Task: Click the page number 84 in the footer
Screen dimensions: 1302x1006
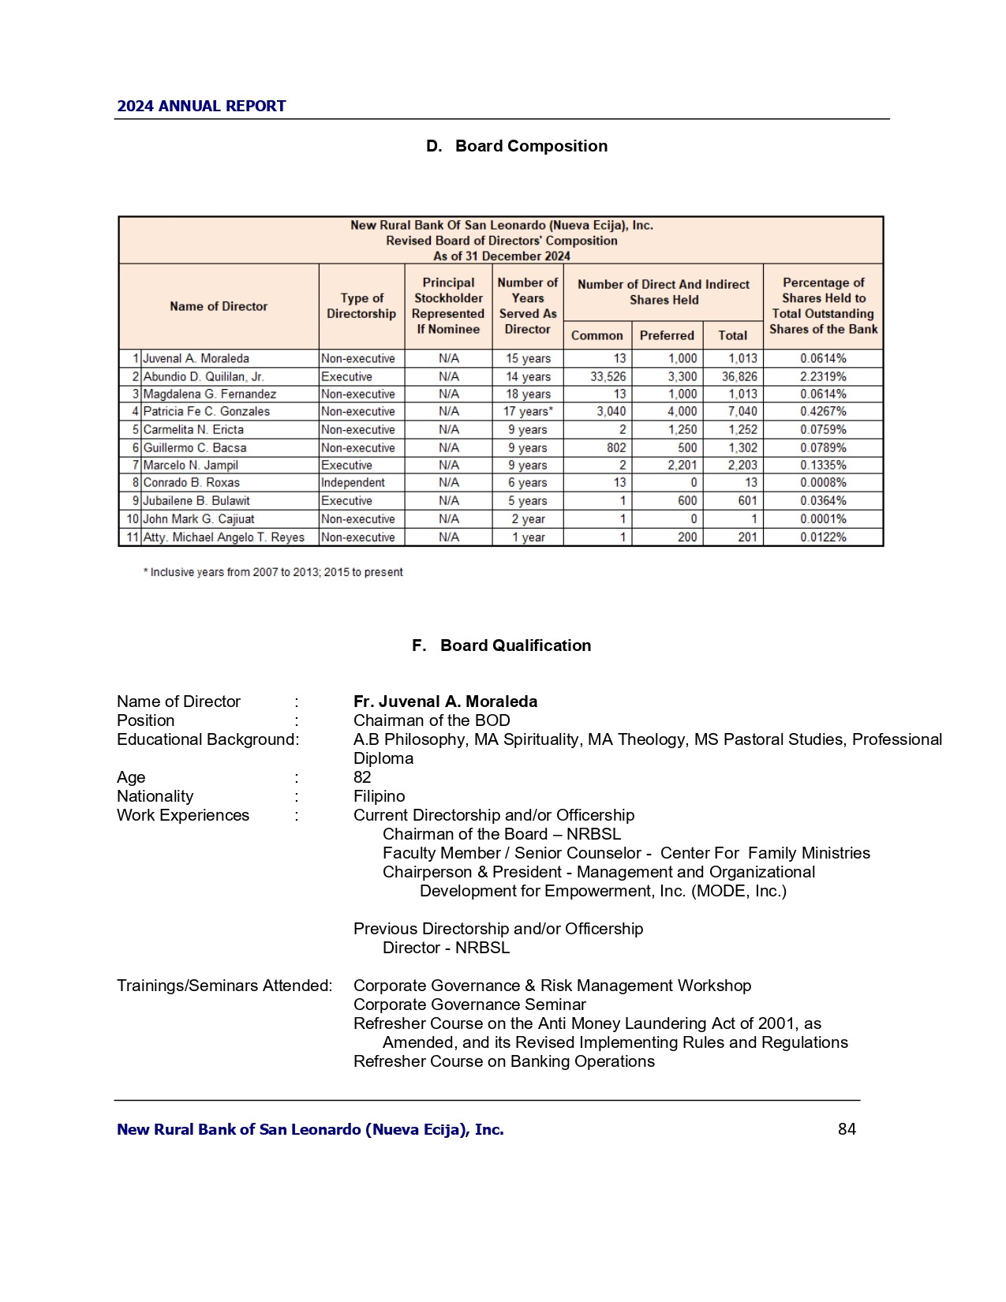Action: point(846,1129)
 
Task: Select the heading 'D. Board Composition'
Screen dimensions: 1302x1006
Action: point(517,146)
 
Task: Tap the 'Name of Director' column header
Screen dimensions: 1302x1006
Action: point(219,306)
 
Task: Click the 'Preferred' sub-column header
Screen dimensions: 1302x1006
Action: point(667,335)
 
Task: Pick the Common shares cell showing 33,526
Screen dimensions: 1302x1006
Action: point(608,376)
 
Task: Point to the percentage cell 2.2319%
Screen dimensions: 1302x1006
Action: point(823,376)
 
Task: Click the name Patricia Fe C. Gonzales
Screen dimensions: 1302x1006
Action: point(206,411)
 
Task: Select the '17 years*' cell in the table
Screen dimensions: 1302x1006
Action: point(528,411)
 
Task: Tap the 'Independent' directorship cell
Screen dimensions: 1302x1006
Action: point(353,482)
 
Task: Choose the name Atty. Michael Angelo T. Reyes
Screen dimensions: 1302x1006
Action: point(223,537)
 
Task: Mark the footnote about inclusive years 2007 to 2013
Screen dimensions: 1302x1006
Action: point(273,572)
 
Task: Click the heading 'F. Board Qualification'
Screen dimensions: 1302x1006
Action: point(501,645)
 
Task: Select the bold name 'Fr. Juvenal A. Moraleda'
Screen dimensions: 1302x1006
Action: point(445,702)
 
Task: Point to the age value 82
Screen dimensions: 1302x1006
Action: point(362,777)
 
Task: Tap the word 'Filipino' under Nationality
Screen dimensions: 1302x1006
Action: point(379,796)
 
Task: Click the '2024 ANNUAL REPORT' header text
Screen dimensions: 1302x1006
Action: point(201,106)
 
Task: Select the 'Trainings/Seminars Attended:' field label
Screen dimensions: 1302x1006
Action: point(224,986)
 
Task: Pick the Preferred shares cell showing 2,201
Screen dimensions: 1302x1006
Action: point(682,465)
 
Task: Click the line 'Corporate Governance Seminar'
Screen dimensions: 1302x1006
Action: point(469,1005)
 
